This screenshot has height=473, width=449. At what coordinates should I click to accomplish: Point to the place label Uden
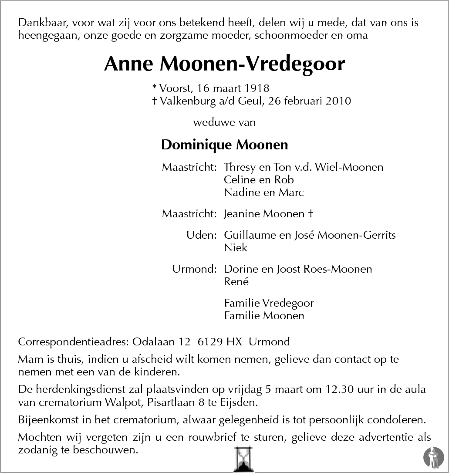pyautogui.click(x=201, y=235)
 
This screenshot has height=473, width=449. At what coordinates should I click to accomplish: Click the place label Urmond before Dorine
pyautogui.click(x=194, y=269)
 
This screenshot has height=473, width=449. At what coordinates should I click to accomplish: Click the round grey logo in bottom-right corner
pyautogui.click(x=433, y=456)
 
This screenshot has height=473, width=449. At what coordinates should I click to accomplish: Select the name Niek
pyautogui.click(x=236, y=248)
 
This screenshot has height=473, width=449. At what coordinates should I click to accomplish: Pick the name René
pyautogui.click(x=236, y=282)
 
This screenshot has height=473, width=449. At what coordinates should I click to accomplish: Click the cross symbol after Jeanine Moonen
pyautogui.click(x=311, y=214)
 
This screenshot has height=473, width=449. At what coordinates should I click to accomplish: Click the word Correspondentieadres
pyautogui.click(x=73, y=342)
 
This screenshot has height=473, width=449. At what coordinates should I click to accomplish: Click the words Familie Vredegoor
pyautogui.click(x=269, y=303)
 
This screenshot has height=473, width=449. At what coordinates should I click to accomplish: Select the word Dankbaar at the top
pyautogui.click(x=41, y=23)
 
